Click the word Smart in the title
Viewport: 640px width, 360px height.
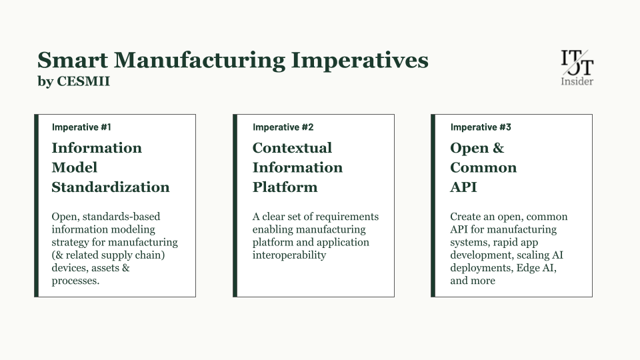[73, 60]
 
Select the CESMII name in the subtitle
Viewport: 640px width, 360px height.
[83, 81]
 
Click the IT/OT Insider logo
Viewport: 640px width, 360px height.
[577, 68]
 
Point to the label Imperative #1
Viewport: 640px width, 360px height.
[81, 127]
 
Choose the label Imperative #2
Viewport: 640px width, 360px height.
[283, 127]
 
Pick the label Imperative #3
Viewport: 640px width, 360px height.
[481, 127]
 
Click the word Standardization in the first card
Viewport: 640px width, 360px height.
[111, 187]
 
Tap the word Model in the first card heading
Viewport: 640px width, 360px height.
[74, 167]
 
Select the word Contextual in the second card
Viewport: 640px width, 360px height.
[292, 148]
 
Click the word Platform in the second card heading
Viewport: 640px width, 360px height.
[285, 187]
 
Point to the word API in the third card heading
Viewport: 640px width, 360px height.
[463, 187]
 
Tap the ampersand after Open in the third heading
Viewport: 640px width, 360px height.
[499, 148]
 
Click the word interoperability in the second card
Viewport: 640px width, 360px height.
[289, 255]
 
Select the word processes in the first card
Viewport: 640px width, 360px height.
[74, 281]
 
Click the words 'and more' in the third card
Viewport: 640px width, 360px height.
[473, 281]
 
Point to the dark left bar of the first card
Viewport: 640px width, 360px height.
[36, 206]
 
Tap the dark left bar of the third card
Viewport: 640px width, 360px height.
[433, 206]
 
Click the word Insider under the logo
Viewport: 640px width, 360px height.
[577, 81]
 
